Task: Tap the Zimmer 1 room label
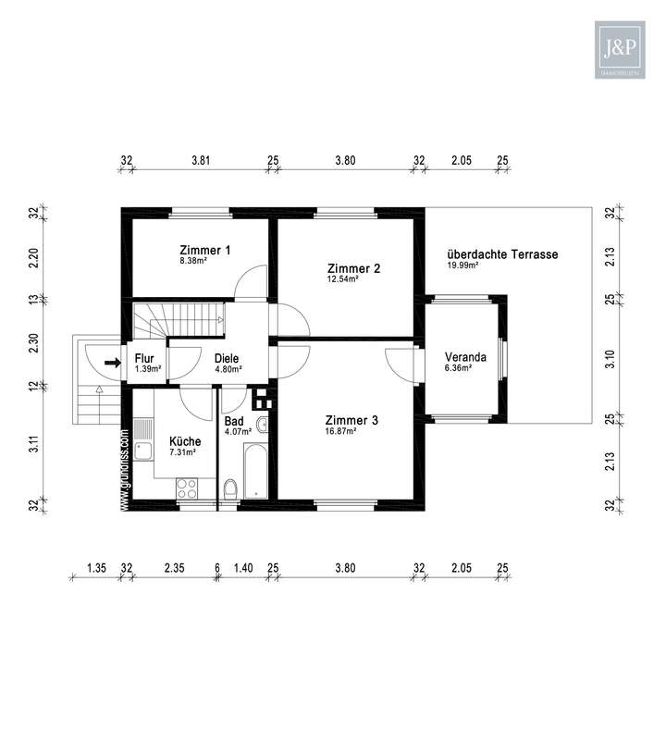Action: coord(204,250)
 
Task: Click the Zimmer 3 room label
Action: coord(352,420)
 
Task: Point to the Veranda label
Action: coord(465,358)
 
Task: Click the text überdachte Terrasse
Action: coord(502,253)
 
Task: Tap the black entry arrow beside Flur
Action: coord(112,363)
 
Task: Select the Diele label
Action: coord(228,358)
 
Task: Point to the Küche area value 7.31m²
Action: coord(182,452)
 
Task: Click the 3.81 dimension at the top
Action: coord(201,160)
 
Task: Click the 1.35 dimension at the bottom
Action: coord(95,567)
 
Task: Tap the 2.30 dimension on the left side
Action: coord(33,343)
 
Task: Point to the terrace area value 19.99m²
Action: coord(462,266)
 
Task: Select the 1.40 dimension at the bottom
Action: coord(243,567)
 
